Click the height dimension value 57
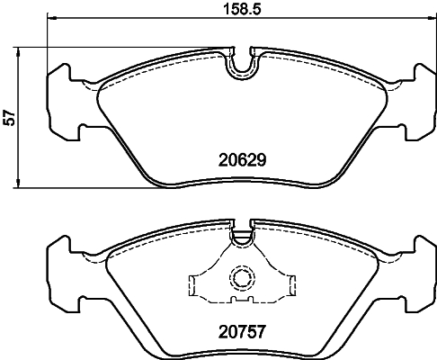pyautogui.click(x=11, y=117)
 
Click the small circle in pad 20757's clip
pyautogui.click(x=240, y=278)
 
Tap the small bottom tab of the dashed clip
pyautogui.click(x=240, y=301)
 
